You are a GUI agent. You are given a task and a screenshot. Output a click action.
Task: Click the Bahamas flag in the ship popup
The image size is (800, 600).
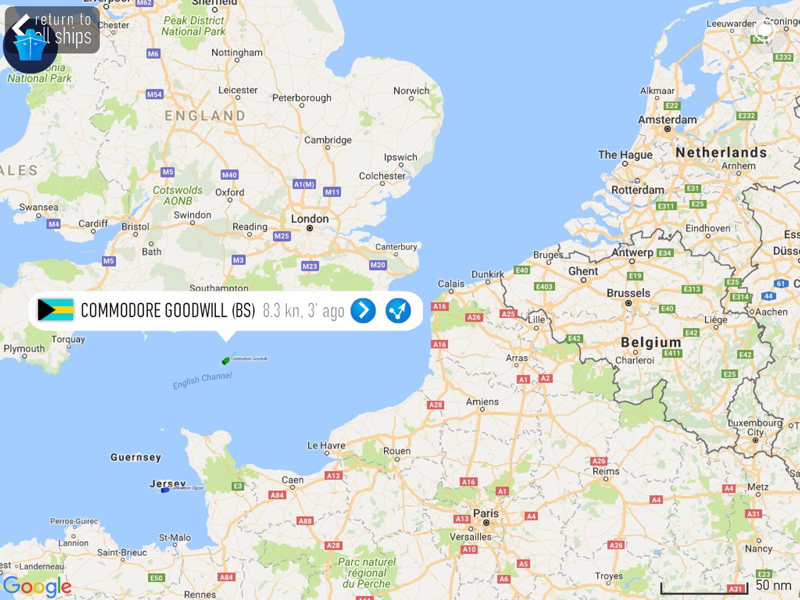(x=55, y=310)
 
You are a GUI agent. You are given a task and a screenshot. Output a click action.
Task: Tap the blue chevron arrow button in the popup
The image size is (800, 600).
(x=363, y=310)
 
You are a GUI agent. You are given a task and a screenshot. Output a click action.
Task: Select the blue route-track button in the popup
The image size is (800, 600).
(x=399, y=310)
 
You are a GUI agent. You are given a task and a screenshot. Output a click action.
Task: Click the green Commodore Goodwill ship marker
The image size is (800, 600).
(x=225, y=361)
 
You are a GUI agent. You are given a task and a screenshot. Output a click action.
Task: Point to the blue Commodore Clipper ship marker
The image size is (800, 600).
(x=165, y=490)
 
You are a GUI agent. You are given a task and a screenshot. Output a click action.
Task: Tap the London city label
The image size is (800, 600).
(x=309, y=219)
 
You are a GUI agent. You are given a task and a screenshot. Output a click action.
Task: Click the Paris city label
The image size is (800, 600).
(x=485, y=513)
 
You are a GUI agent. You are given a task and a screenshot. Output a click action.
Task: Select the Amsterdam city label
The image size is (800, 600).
(x=667, y=119)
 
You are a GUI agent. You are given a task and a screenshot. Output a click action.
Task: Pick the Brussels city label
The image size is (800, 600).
(x=628, y=293)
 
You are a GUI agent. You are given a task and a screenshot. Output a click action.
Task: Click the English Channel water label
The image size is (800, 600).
(x=202, y=381)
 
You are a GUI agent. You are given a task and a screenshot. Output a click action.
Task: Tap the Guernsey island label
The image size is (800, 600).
(x=135, y=457)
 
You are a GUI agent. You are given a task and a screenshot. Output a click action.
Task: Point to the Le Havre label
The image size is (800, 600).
(x=326, y=445)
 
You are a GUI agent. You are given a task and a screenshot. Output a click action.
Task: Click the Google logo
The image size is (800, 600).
(x=37, y=587)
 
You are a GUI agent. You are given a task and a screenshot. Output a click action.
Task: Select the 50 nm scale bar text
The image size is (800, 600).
(x=773, y=585)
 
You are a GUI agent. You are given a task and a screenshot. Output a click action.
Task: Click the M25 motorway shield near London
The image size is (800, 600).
(x=281, y=236)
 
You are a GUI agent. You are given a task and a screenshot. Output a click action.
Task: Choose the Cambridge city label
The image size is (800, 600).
(x=327, y=140)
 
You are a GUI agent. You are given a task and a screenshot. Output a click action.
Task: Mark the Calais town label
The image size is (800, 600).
(x=451, y=283)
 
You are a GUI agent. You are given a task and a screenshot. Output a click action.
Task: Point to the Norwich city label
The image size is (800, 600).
(x=411, y=91)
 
